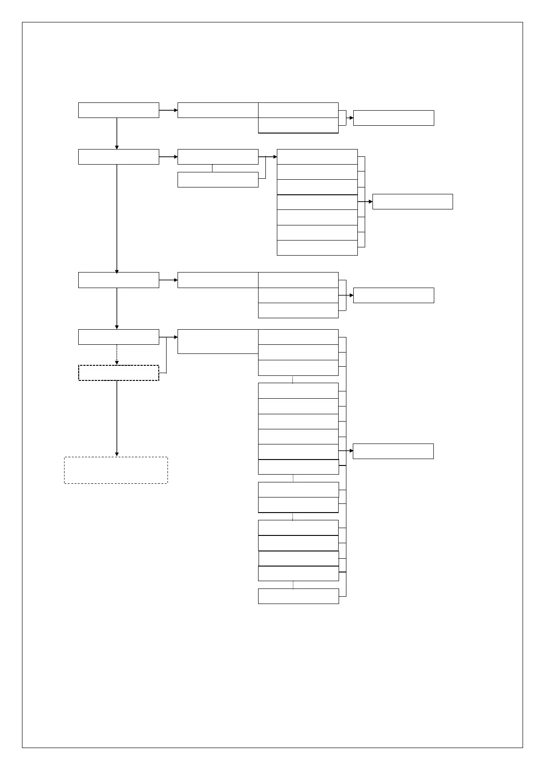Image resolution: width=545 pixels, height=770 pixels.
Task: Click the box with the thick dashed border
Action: tap(119, 373)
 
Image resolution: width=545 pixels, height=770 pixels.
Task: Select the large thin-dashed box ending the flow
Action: tap(116, 470)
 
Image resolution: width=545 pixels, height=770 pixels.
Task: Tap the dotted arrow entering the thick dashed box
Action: tap(117, 355)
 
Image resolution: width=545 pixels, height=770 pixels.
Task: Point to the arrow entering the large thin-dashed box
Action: tap(117, 418)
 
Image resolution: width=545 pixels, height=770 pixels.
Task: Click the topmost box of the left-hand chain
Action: tap(119, 110)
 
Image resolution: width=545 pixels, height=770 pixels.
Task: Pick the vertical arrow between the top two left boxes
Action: tap(117, 134)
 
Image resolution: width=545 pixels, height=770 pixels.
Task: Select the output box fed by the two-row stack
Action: tap(394, 118)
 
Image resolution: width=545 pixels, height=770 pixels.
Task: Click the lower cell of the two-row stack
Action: tap(298, 125)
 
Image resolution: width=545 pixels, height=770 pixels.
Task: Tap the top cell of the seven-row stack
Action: tap(317, 157)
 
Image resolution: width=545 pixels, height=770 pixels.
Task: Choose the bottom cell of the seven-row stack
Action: tap(317, 248)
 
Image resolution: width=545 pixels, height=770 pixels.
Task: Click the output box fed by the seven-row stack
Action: tap(412, 202)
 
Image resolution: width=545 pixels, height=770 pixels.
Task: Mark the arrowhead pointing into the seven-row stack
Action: tap(275, 157)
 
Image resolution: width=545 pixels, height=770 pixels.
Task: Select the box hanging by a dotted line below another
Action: tap(218, 180)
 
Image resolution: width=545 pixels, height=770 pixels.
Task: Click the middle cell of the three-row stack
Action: tap(298, 295)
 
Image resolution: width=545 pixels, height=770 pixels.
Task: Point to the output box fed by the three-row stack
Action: tap(394, 295)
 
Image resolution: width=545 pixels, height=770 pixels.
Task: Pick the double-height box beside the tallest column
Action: tap(218, 341)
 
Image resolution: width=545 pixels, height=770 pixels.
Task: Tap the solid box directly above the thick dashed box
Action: tap(119, 337)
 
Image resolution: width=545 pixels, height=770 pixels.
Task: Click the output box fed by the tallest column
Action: tap(393, 451)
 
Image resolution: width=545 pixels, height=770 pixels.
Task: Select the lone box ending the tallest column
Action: tap(298, 596)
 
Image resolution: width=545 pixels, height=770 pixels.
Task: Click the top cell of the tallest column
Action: tap(298, 337)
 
